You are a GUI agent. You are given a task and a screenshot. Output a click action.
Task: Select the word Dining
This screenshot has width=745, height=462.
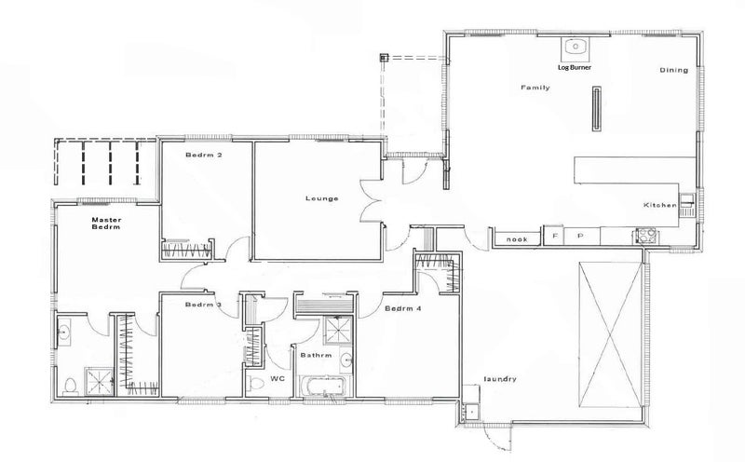(x=672, y=71)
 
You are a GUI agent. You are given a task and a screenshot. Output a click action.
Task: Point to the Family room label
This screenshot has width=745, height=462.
(x=535, y=88)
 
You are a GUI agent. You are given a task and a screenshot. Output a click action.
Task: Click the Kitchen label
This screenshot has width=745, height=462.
(x=657, y=205)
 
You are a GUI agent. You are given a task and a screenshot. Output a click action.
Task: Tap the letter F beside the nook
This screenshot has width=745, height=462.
(x=555, y=238)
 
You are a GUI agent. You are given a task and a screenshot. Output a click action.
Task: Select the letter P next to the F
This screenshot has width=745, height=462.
(x=579, y=238)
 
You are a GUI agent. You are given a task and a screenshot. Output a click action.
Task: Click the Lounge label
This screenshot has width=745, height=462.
(x=320, y=198)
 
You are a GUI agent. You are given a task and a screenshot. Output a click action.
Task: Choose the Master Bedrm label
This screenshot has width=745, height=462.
(x=107, y=224)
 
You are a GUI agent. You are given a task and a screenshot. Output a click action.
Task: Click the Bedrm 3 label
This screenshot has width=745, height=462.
(x=202, y=306)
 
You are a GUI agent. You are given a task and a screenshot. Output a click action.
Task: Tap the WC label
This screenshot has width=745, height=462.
(x=276, y=378)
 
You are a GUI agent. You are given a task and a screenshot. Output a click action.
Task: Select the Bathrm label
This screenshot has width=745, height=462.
(x=316, y=354)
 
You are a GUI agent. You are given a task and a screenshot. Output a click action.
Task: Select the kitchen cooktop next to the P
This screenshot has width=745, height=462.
(x=643, y=236)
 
